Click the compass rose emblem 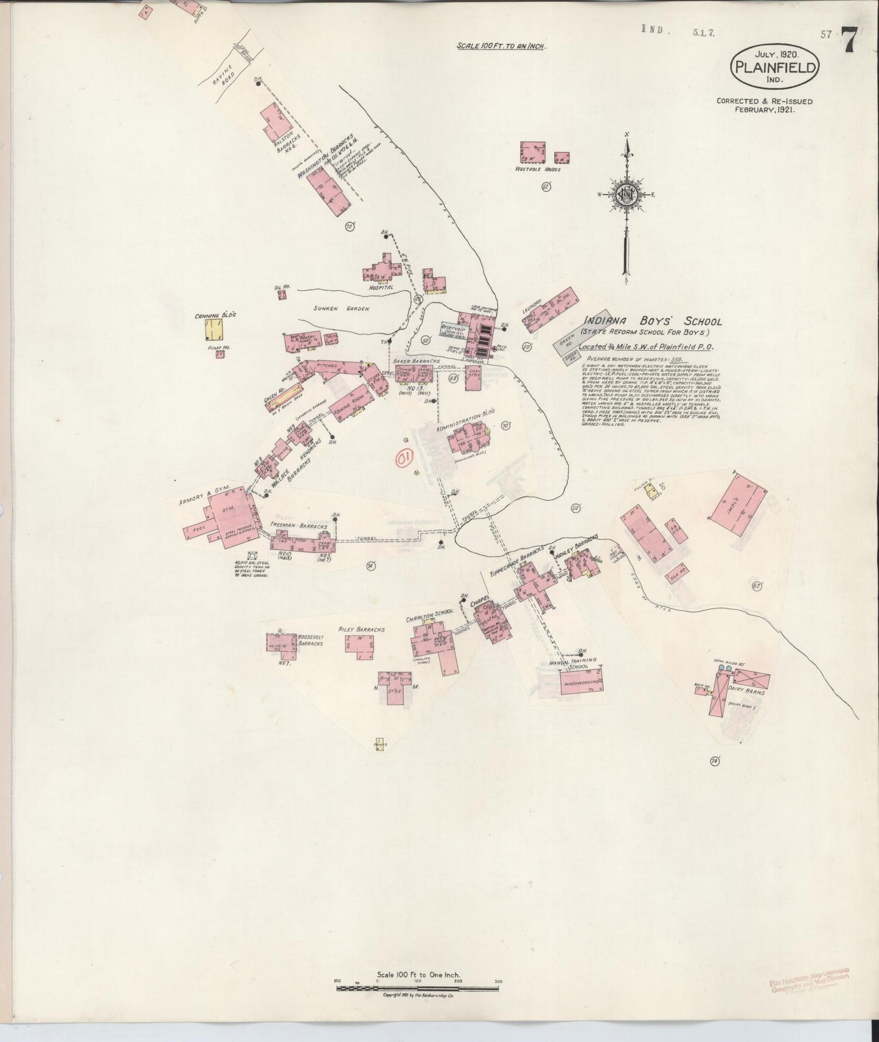pyautogui.click(x=627, y=196)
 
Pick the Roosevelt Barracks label pyautogui.click(x=310, y=640)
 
